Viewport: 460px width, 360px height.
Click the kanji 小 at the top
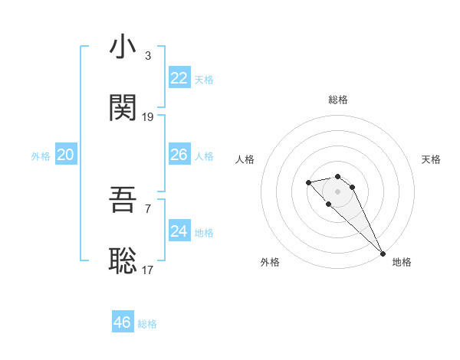point(123,47)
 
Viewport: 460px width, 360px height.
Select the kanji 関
point(123,109)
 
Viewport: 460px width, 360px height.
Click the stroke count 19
point(148,117)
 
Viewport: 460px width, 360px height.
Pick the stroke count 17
point(148,270)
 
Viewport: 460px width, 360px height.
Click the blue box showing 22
point(179,78)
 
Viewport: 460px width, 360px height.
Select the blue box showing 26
point(179,155)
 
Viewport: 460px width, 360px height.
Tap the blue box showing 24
point(179,231)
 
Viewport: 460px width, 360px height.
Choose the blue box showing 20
point(65,155)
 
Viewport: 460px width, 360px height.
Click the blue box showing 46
point(122,322)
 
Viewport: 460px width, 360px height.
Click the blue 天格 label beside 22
point(203,80)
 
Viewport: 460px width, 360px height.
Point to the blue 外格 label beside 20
point(41,156)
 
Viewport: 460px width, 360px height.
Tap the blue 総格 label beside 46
point(147,324)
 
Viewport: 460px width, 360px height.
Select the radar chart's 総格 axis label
point(338,100)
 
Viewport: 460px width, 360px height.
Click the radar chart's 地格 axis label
point(402,262)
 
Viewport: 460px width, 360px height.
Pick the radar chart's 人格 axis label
point(245,159)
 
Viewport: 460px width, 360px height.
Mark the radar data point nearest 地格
point(383,254)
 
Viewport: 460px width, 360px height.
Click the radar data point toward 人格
point(308,182)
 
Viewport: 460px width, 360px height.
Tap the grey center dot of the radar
point(337,191)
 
